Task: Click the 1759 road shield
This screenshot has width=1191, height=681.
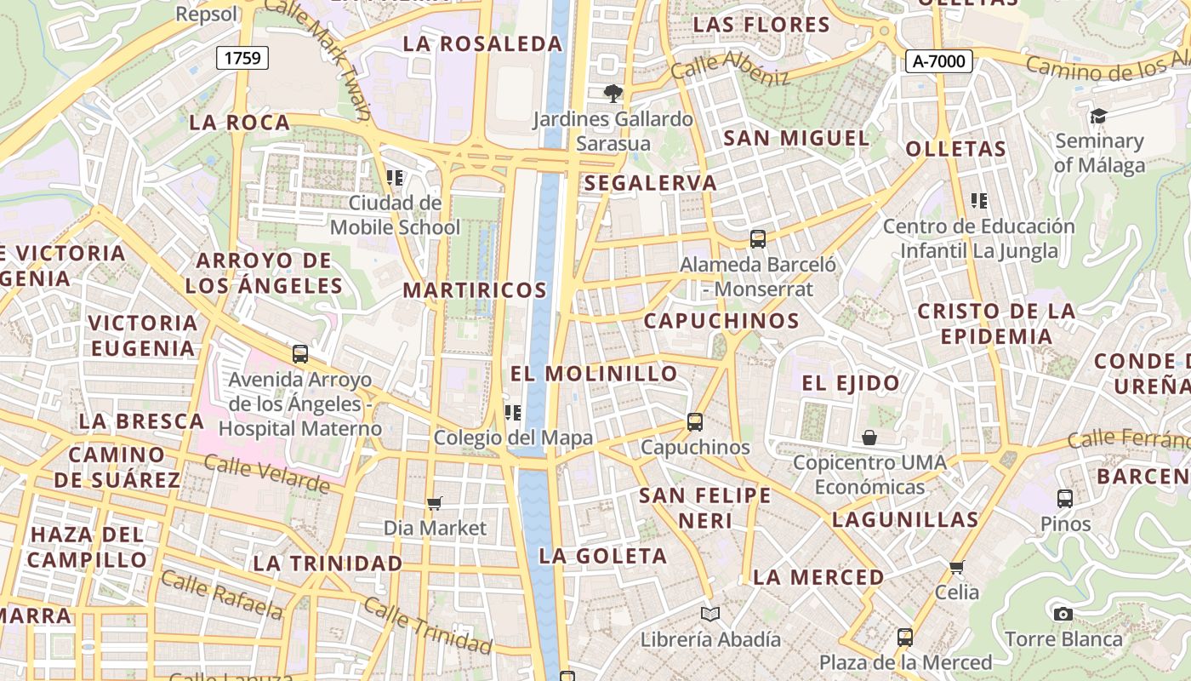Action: pyautogui.click(x=242, y=58)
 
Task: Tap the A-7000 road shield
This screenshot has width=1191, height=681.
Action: pyautogui.click(x=938, y=60)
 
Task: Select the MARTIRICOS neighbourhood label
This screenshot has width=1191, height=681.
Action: pyautogui.click(x=475, y=290)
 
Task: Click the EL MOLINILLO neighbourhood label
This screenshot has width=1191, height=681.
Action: pyautogui.click(x=594, y=374)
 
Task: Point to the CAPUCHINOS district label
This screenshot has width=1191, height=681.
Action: pyautogui.click(x=721, y=321)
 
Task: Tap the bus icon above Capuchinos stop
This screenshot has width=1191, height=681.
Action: pyautogui.click(x=695, y=421)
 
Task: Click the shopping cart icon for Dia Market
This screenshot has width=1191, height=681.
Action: pyautogui.click(x=435, y=503)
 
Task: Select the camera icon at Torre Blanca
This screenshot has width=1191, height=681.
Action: pyautogui.click(x=1063, y=614)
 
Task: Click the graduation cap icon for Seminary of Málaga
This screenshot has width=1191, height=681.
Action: pyautogui.click(x=1099, y=116)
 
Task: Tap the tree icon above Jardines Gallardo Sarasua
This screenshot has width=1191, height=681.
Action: pyautogui.click(x=613, y=94)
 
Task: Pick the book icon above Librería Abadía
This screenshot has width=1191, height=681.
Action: pyautogui.click(x=710, y=614)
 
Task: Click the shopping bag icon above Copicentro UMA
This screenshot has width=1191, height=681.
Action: pyautogui.click(x=869, y=438)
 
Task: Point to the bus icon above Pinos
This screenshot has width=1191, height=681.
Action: pyautogui.click(x=1065, y=498)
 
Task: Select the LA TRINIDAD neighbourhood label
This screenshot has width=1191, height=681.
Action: pyautogui.click(x=328, y=564)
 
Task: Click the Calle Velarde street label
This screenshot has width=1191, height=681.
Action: pyautogui.click(x=266, y=474)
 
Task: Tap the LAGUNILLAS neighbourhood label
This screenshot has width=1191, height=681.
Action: pyautogui.click(x=905, y=519)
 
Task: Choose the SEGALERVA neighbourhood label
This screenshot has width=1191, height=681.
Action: pyautogui.click(x=651, y=183)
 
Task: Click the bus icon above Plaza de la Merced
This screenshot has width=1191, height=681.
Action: pyautogui.click(x=905, y=637)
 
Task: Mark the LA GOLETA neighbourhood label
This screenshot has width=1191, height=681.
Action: pyautogui.click(x=603, y=557)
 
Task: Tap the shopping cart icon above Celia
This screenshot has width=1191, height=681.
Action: pyautogui.click(x=957, y=567)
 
